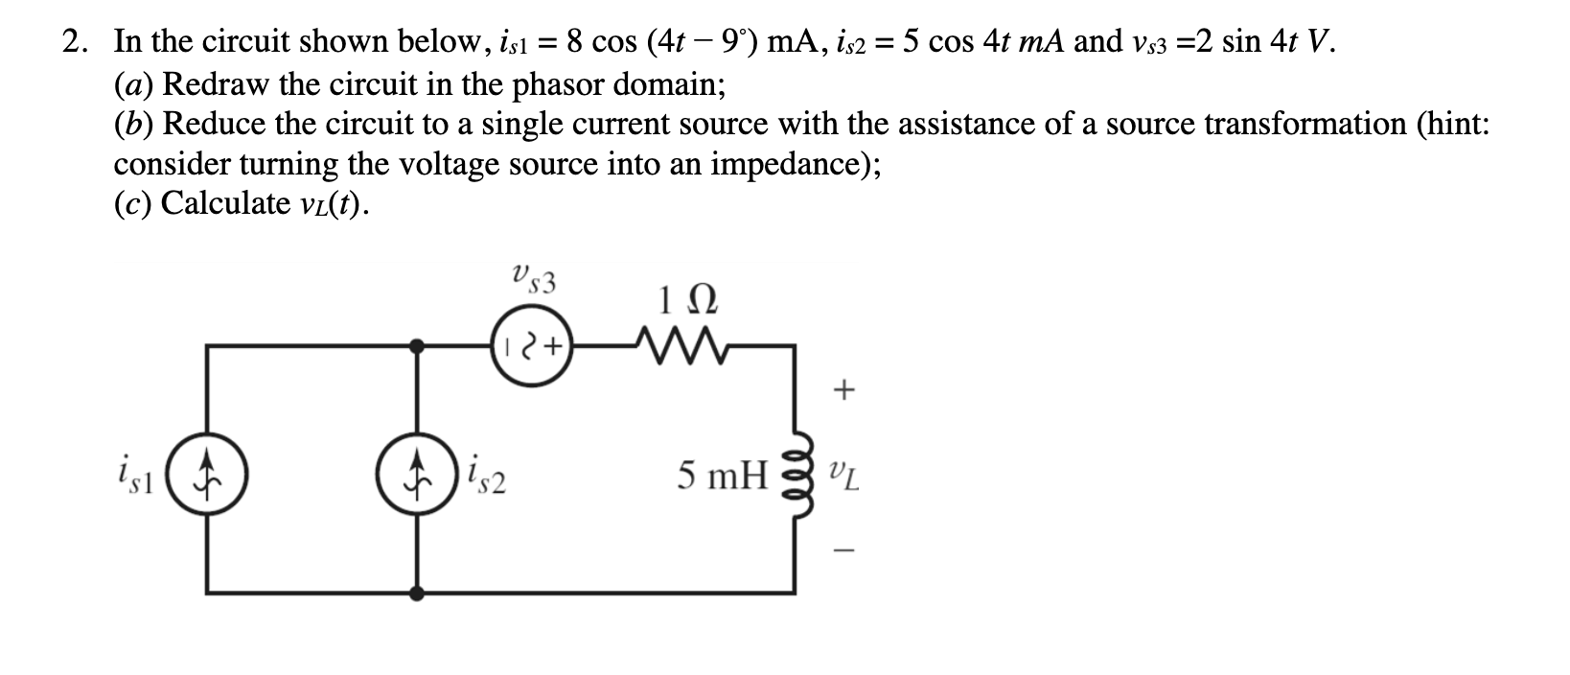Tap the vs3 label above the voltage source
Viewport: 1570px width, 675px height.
tap(533, 278)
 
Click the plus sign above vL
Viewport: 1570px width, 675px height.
tap(843, 390)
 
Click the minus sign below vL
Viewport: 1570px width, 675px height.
tap(843, 550)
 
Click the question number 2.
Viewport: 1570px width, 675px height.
tap(71, 41)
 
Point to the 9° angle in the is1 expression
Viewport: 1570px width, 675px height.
tap(736, 41)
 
